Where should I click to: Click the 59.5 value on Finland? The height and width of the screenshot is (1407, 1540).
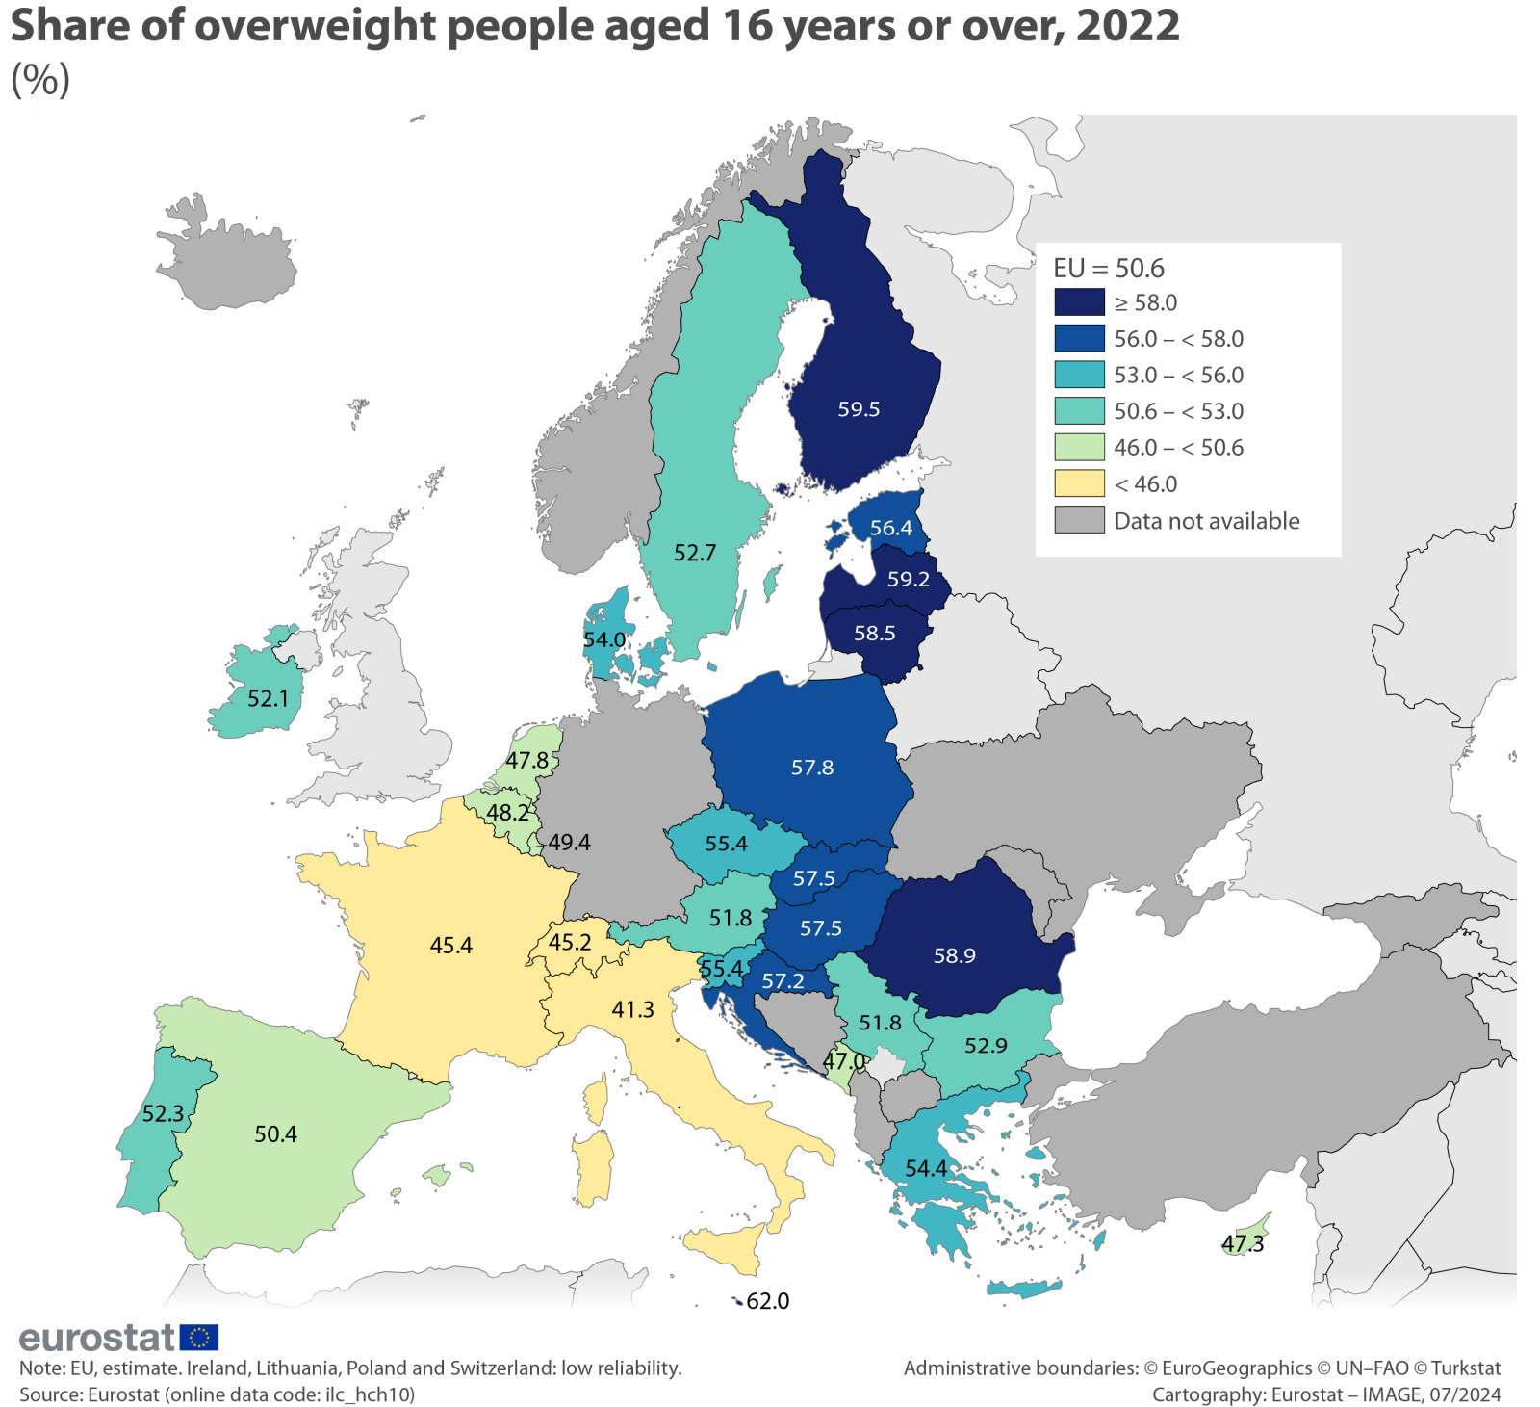tap(859, 409)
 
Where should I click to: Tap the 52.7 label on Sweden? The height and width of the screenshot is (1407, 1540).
tap(695, 553)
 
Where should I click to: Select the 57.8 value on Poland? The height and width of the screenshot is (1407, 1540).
tap(812, 768)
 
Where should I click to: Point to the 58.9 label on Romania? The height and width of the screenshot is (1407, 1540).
tap(954, 955)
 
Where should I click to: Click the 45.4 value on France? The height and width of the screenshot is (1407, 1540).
tap(450, 946)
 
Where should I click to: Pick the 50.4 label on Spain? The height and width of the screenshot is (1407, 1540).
tap(275, 1134)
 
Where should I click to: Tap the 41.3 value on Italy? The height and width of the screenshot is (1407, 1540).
tap(632, 1009)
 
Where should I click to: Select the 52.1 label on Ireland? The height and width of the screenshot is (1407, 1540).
tap(268, 698)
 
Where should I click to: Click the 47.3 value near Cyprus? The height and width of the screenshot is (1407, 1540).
tap(1243, 1244)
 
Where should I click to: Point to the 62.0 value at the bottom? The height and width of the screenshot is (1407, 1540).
tap(767, 1301)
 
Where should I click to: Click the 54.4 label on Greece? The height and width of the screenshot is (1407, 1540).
tap(926, 1168)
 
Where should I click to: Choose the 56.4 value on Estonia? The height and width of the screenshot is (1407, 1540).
tap(890, 528)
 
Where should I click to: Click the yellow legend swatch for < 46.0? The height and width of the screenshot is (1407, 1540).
tap(1079, 483)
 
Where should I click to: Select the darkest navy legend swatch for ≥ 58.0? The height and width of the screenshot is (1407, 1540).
tap(1079, 302)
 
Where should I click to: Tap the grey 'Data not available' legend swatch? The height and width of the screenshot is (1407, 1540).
tap(1079, 520)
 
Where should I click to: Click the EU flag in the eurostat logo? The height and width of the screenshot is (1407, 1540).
tap(199, 1337)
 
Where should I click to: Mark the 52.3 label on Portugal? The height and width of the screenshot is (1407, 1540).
tap(163, 1114)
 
